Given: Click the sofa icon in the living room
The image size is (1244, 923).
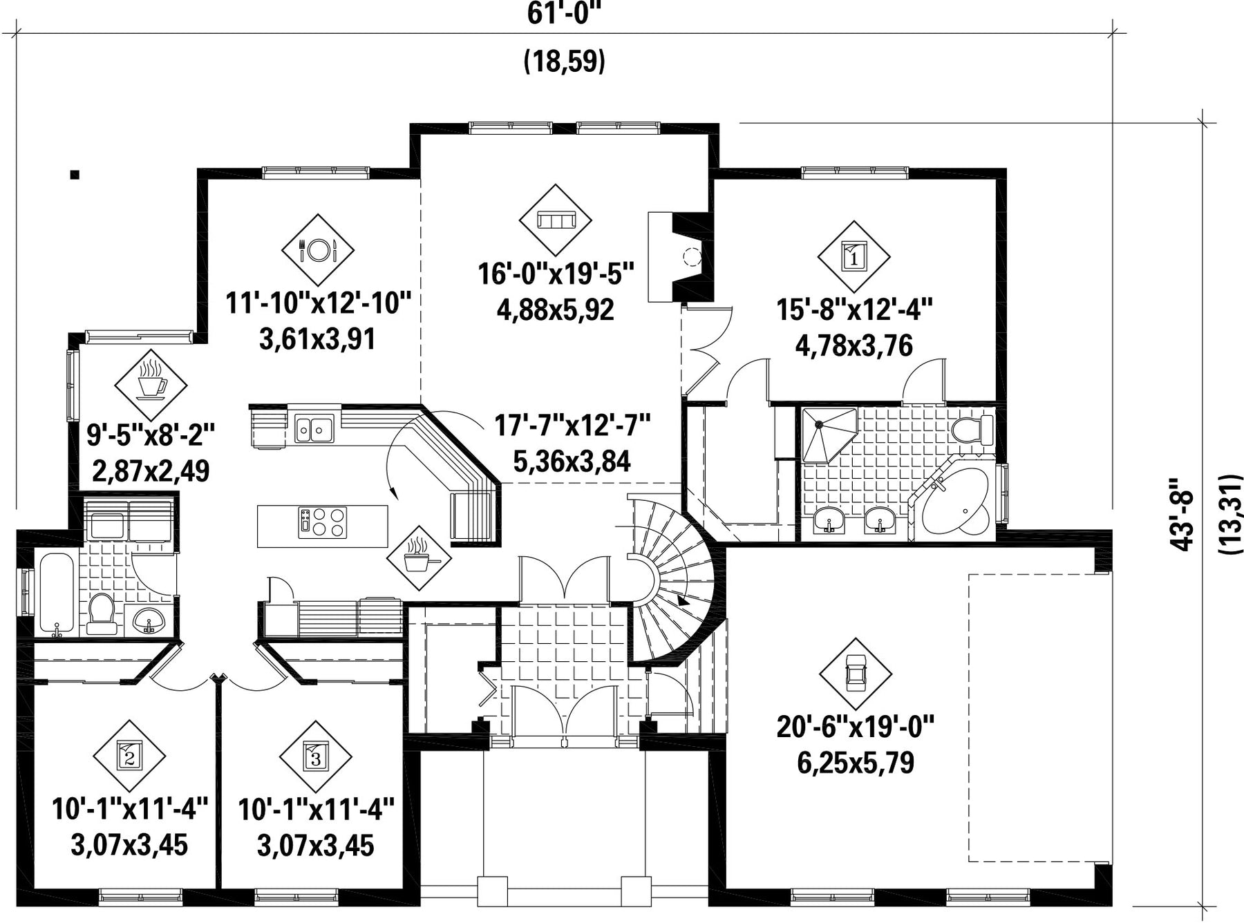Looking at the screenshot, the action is tap(556, 220).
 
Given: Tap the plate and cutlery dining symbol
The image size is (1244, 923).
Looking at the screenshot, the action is tap(318, 250).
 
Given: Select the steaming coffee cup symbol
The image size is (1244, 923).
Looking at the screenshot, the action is tap(151, 385).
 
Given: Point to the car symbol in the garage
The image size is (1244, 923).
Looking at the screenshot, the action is tap(856, 674).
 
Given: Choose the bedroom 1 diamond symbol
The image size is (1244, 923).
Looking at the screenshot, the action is tap(854, 257).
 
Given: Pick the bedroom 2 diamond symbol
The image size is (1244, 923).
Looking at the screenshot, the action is tap(129, 757).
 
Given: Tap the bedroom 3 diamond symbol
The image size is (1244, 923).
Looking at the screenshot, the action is tap(316, 757).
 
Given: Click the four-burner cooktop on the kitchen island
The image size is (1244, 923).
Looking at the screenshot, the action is tap(322, 523).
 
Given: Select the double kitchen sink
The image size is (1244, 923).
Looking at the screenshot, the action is tap(314, 428).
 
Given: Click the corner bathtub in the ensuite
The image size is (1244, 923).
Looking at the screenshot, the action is tap(956, 502).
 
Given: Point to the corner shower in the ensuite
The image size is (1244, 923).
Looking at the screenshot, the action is tap(829, 435).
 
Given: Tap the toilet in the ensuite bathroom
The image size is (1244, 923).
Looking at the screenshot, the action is tap(972, 429).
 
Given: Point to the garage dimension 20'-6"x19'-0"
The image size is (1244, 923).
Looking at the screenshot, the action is tap(856, 727).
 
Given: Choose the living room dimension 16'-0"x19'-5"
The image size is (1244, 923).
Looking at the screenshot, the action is tap(556, 274).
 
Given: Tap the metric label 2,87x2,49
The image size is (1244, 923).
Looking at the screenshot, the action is tap(151, 471).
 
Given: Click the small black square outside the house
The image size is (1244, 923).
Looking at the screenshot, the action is tap(75, 175).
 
